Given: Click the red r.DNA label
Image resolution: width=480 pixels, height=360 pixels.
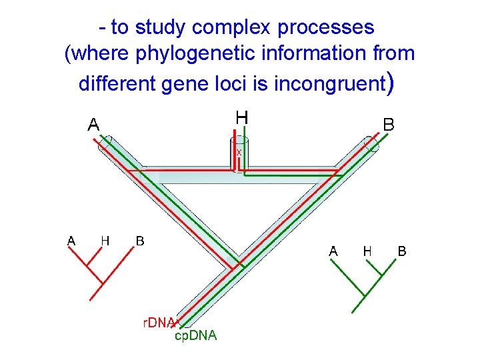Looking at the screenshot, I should click(x=159, y=323).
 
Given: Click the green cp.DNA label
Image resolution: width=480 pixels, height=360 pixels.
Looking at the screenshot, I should click(x=195, y=336).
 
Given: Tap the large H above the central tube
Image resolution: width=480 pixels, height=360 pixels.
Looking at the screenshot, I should click(x=242, y=117).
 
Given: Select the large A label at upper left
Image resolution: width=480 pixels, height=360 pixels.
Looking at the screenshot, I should click(x=94, y=124).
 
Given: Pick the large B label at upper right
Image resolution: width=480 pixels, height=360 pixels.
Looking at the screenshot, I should click(x=388, y=125).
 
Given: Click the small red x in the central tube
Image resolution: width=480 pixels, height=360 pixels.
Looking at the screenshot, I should click(x=239, y=152).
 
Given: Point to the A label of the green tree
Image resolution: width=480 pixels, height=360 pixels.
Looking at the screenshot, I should click(x=333, y=251).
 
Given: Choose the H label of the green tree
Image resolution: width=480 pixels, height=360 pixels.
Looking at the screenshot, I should click(x=367, y=251).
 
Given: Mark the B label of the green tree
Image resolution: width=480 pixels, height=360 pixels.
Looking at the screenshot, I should click(x=402, y=251).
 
